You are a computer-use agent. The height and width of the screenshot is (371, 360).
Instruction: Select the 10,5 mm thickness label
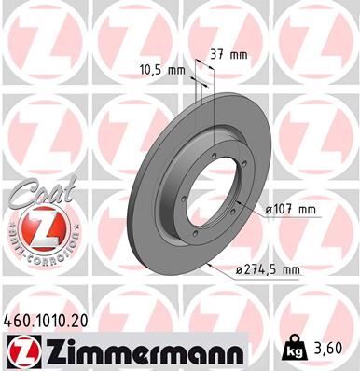[x=163, y=69]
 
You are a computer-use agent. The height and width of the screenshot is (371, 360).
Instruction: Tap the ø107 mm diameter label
[x=291, y=210]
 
